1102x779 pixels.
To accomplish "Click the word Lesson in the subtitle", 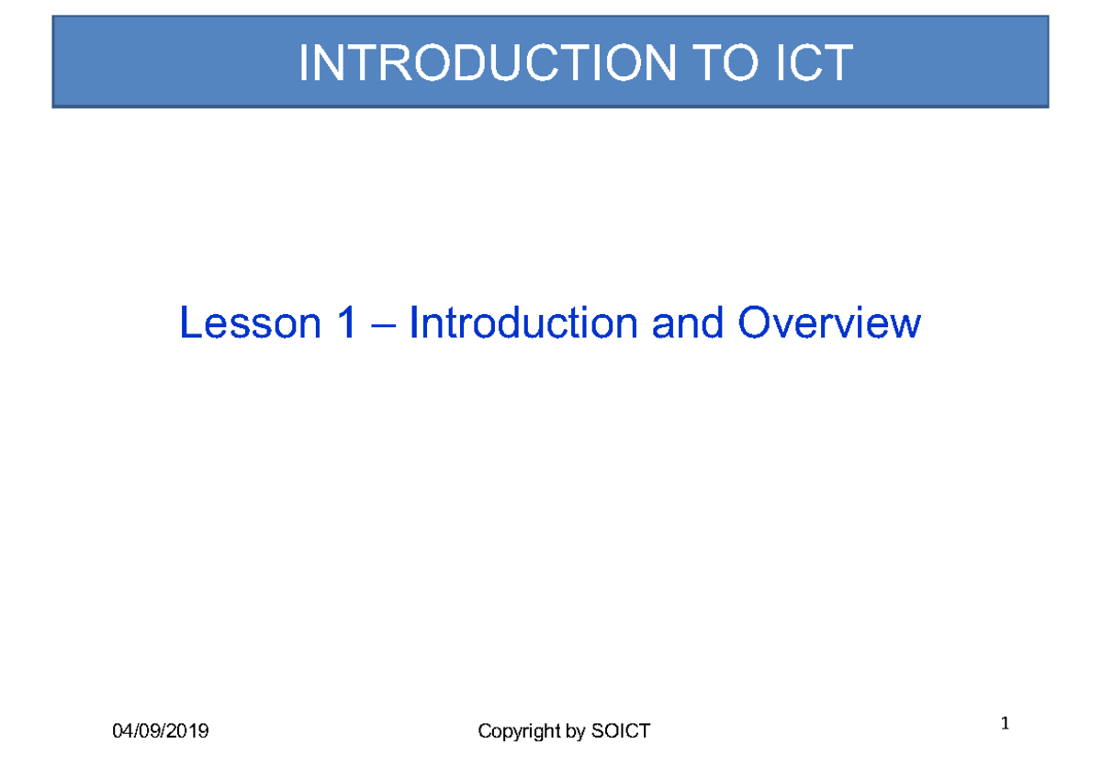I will (246, 323).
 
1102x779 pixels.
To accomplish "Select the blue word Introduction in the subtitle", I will (523, 323).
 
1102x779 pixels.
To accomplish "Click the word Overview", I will (828, 323).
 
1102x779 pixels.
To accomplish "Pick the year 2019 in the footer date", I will (189, 731).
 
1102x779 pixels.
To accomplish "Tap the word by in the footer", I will (576, 732).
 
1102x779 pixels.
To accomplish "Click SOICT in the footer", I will (621, 731).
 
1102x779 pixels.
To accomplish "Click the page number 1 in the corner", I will (1006, 725).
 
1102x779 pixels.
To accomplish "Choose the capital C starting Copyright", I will (485, 731).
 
